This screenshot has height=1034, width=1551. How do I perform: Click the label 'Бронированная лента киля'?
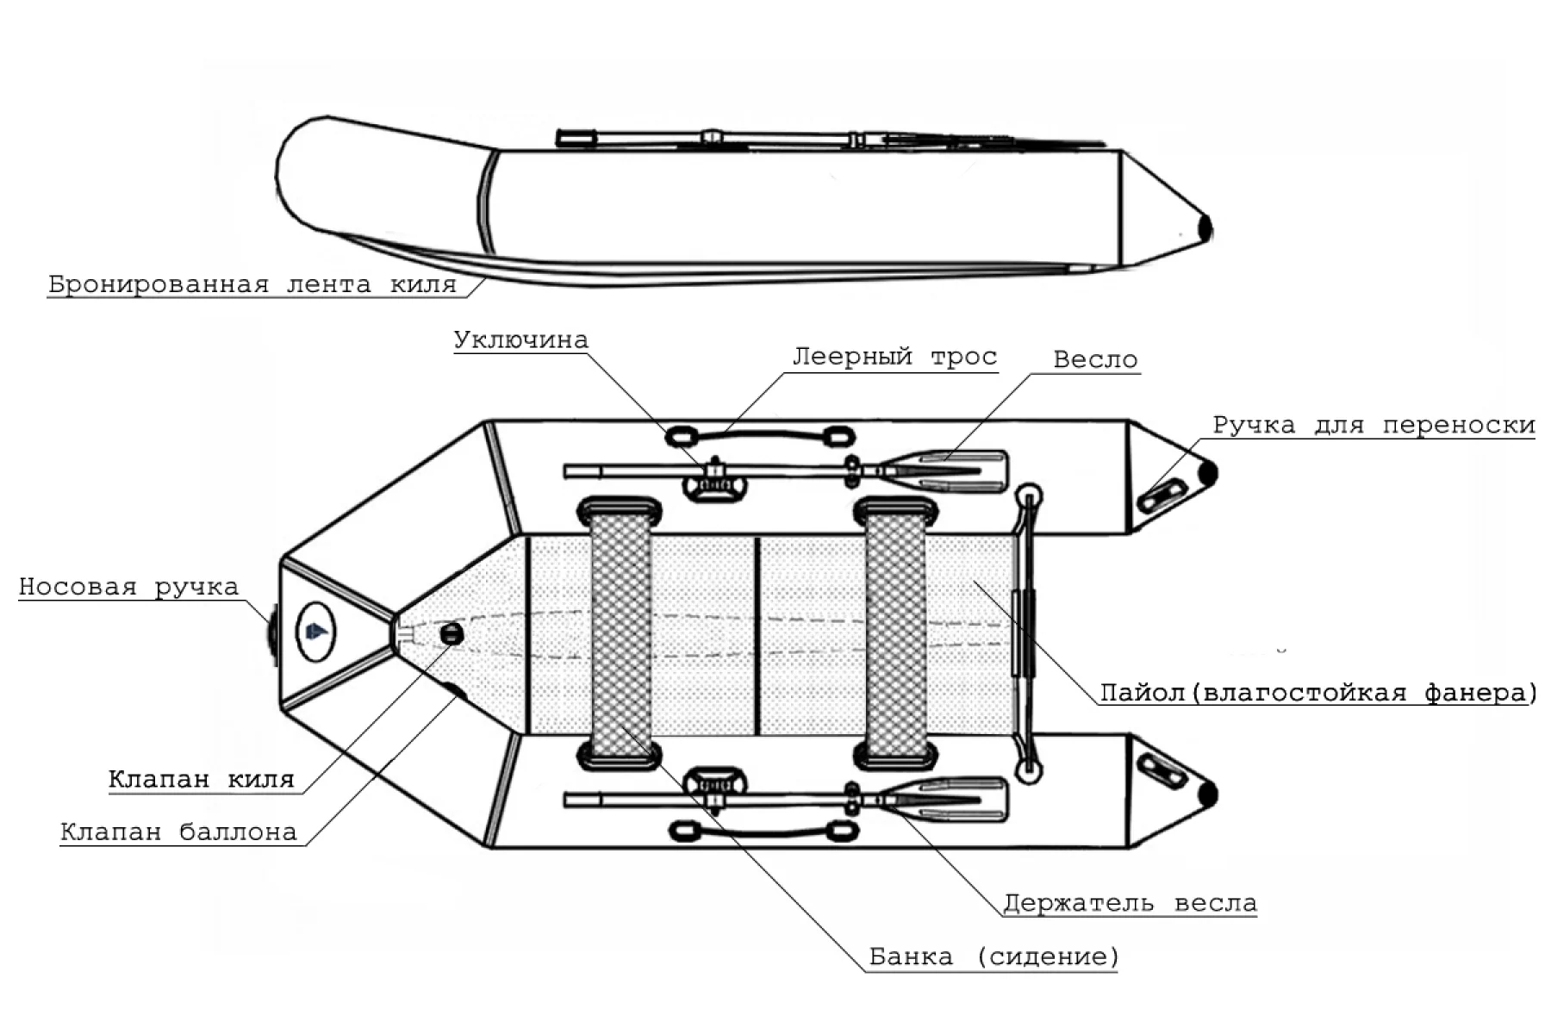[x=252, y=284]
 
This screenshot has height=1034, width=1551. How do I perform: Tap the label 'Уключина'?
[x=520, y=340]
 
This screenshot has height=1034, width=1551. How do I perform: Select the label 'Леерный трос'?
[x=894, y=357]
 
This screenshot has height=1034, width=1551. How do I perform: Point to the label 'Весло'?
[x=1095, y=359]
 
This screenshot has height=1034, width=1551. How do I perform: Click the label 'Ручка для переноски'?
[x=1373, y=425]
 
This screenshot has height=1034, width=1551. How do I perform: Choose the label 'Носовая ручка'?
[x=128, y=587]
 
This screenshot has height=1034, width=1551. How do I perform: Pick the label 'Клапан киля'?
[x=201, y=779]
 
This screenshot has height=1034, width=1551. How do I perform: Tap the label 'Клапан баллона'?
[x=178, y=832]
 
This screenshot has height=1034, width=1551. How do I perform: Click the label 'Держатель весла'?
[x=1130, y=903]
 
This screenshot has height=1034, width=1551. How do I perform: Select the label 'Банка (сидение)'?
[x=994, y=956]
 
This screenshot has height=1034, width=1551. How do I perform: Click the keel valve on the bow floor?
[x=451, y=635]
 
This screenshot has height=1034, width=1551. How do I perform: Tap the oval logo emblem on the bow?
[x=315, y=632]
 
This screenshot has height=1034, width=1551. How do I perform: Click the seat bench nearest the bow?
[x=620, y=633]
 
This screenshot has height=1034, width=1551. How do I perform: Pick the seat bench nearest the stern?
[x=895, y=633]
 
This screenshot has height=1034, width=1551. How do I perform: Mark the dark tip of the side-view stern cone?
[x=1205, y=227]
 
